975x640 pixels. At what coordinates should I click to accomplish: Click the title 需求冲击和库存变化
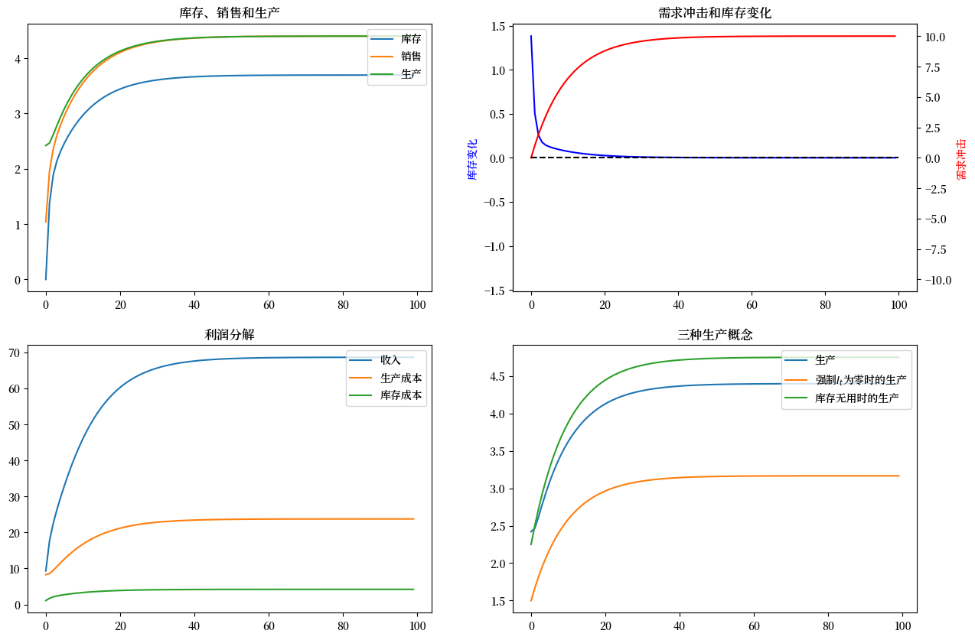(714, 12)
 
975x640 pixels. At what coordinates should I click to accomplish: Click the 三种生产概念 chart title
(714, 334)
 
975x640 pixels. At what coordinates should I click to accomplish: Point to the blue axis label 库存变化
(472, 159)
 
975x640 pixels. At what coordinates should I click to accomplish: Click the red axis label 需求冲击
(961, 159)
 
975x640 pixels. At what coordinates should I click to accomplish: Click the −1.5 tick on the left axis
(494, 291)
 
